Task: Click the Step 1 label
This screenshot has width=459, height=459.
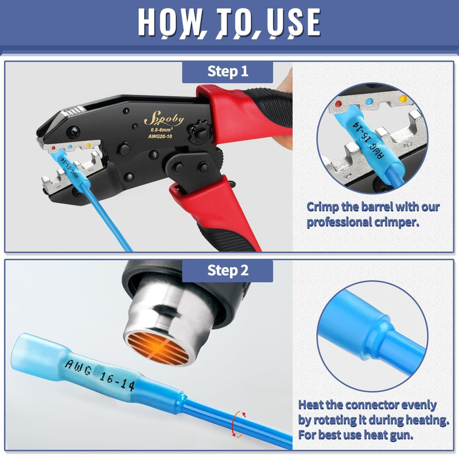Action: (x=227, y=71)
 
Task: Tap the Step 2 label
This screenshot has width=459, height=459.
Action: (x=228, y=270)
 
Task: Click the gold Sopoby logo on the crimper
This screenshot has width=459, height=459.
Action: (x=164, y=119)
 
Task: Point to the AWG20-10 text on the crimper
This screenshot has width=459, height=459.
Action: (x=160, y=137)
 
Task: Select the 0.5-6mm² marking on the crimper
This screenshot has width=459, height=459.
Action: (x=161, y=129)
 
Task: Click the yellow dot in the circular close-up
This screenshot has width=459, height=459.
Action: (x=403, y=98)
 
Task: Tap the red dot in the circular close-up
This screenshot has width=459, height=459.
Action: (x=339, y=104)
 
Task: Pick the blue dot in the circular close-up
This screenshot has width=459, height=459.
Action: (x=369, y=102)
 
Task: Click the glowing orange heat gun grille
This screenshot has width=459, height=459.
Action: (x=158, y=348)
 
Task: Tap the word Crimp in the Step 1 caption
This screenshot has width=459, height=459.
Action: (x=322, y=207)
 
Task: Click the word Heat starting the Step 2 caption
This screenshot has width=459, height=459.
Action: (x=310, y=405)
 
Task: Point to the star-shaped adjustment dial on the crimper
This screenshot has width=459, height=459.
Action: (x=199, y=132)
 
